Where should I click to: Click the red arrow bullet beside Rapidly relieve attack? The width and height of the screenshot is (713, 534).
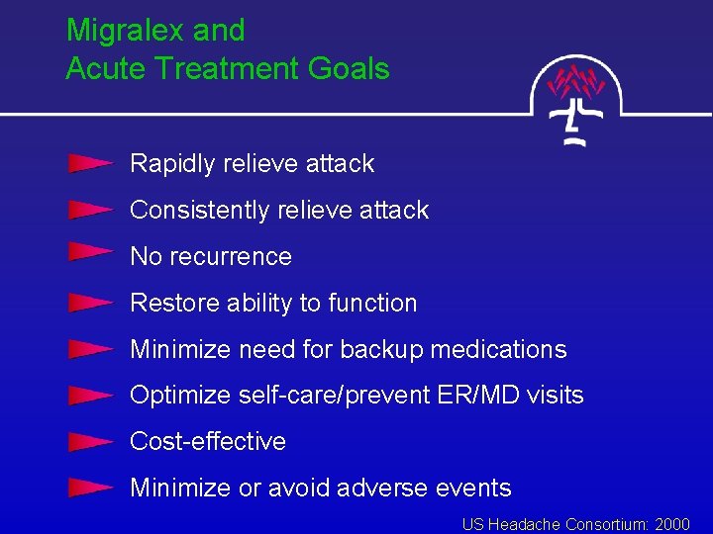[90, 163]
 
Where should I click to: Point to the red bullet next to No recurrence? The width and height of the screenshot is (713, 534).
[90, 254]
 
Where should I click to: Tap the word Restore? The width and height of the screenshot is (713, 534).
[170, 304]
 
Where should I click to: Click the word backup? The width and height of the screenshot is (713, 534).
[381, 350]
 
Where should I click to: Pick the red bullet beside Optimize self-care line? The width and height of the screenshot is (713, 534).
[90, 396]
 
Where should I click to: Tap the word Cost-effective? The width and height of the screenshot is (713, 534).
[208, 442]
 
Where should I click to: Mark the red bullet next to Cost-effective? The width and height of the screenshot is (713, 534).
[90, 441]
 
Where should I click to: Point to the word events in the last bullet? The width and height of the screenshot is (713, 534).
[478, 489]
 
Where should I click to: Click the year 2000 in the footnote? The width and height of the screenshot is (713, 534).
[672, 524]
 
